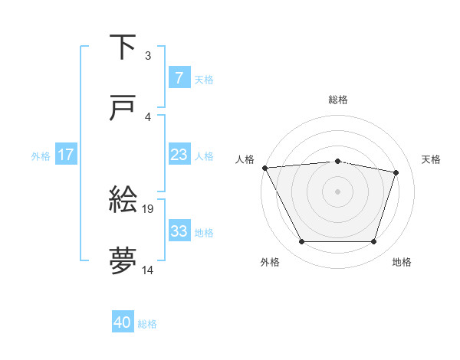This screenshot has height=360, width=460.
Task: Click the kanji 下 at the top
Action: coord(123,48)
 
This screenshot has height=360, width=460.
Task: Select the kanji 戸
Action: coord(123,110)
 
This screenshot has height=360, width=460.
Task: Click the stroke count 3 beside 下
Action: coord(148,56)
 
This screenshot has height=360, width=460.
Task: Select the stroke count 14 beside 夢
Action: coord(148,270)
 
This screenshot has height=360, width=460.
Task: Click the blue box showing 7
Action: coord(179,78)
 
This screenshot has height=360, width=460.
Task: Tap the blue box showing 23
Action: coord(179,155)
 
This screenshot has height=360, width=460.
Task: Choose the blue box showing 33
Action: coord(179,231)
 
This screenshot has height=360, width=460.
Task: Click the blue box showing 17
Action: coord(65,155)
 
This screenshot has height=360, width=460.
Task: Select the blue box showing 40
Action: coord(123,323)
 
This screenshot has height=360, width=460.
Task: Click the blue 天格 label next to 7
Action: coord(204,79)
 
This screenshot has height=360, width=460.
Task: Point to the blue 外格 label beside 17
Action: coord(41,155)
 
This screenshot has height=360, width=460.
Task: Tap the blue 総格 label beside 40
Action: coord(148,324)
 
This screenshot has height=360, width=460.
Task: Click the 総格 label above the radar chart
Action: coord(338,100)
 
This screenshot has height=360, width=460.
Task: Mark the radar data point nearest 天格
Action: coord(396,172)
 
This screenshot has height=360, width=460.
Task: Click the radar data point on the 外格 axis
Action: coord(301,242)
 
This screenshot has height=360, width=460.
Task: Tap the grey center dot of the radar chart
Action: coord(338,191)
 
